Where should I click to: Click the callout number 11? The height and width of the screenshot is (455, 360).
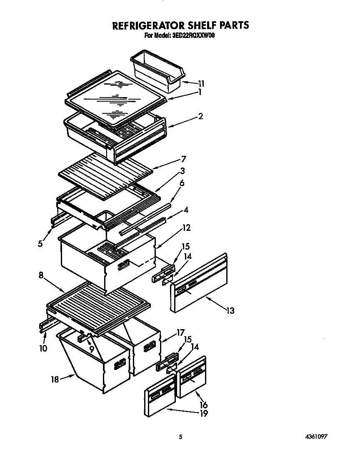(x=201, y=83)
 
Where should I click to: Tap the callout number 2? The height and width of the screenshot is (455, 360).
(x=200, y=116)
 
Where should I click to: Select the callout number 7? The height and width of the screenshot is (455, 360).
(x=183, y=159)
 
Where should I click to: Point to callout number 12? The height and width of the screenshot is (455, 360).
(x=186, y=227)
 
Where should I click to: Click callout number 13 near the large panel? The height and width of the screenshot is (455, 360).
(x=230, y=310)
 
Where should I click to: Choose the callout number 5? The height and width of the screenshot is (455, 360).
(x=40, y=244)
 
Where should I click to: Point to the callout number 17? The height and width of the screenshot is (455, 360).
(x=180, y=332)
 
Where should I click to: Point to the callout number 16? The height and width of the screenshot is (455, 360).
(x=203, y=405)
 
